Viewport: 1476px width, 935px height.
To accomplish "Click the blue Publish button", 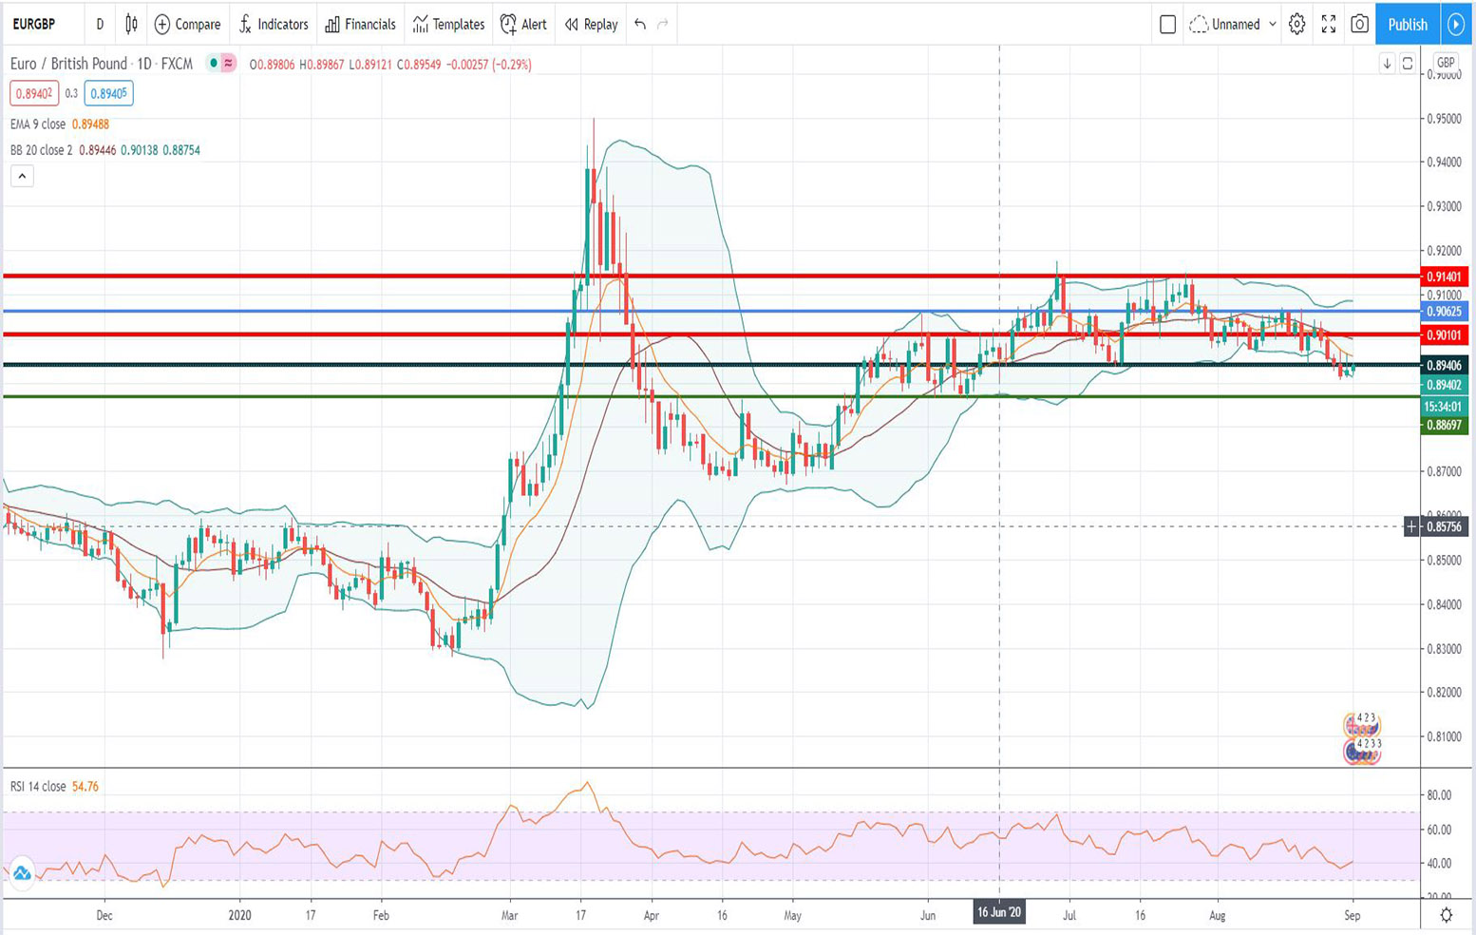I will point(1407,25).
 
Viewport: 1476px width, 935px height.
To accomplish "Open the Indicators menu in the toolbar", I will point(274,25).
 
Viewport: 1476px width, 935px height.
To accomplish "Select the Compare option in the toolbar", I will point(187,25).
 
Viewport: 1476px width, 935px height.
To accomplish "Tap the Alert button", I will point(523,25).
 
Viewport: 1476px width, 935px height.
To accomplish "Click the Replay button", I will point(591,25).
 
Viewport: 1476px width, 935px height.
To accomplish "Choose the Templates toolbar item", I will point(448,25).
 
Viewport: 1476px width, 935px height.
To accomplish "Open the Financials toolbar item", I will point(360,25).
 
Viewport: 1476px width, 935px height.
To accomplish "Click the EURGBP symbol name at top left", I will point(34,25).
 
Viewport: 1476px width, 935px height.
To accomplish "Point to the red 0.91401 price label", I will point(1443,277).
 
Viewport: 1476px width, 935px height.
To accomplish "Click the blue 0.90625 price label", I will point(1443,312).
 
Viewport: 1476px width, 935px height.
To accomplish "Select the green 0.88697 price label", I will point(1443,425).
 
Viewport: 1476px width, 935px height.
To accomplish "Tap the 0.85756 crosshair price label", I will point(1443,526).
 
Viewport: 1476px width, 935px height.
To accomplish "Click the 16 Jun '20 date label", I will point(999,912).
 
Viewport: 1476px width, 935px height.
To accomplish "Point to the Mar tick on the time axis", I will point(509,916).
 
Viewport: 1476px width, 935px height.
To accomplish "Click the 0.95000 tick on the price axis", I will point(1443,119).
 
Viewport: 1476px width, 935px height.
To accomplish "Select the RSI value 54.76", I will point(85,787).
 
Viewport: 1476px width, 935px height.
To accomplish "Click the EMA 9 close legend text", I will point(38,124).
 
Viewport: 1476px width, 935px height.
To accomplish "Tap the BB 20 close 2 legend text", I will point(41,150).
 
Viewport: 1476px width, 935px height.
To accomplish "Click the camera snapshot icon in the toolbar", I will point(1359,25).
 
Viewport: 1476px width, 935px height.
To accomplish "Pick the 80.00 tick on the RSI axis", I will point(1439,795).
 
